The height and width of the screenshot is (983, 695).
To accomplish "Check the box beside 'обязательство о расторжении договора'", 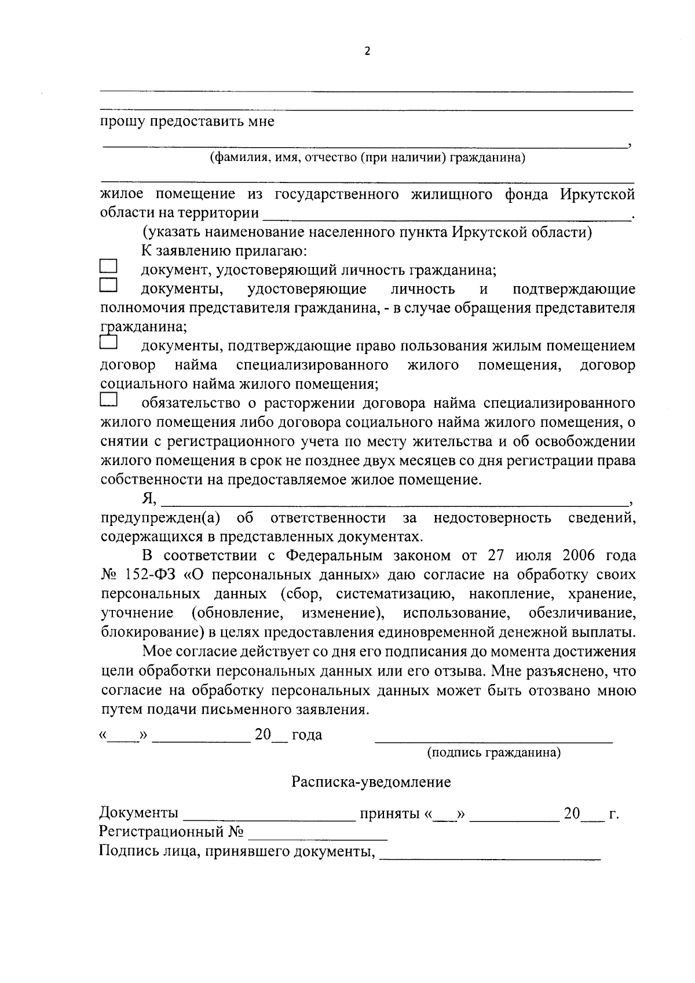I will tap(108, 400).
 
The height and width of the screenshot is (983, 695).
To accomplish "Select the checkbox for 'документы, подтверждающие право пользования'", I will tap(108, 343).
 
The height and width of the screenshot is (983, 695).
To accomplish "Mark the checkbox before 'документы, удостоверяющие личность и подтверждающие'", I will tap(108, 286).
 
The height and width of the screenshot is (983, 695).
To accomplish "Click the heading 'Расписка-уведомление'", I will tap(371, 783).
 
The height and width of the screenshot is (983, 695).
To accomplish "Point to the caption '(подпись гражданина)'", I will tap(493, 753).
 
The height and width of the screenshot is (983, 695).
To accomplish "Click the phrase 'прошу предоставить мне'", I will tap(187, 122).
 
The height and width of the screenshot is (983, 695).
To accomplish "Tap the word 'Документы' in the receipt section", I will tap(139, 813).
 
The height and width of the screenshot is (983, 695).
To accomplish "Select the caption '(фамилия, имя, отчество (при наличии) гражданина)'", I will tap(367, 158).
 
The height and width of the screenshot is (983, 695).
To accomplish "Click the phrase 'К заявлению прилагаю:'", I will tap(224, 251).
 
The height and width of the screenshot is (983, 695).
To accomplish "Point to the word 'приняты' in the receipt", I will tap(389, 813).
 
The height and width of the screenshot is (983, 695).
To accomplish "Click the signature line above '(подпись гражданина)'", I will tap(493, 740).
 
